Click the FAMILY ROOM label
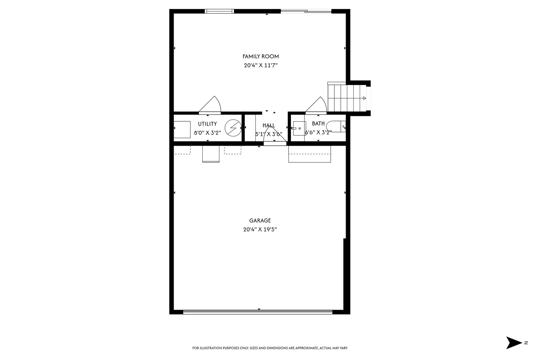(x=261, y=56)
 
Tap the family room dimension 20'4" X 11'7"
(x=261, y=66)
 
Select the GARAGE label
(x=260, y=220)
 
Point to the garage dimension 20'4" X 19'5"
(x=260, y=229)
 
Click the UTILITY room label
(x=207, y=124)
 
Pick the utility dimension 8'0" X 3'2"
(x=207, y=133)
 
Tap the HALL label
(x=269, y=125)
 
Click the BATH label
(x=318, y=124)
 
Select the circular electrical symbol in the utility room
(x=233, y=128)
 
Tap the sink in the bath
(x=299, y=128)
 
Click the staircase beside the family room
(x=347, y=98)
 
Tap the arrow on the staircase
(x=364, y=98)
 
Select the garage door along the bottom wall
(x=258, y=312)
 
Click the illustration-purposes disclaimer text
(x=270, y=348)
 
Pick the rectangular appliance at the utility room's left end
(x=182, y=130)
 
